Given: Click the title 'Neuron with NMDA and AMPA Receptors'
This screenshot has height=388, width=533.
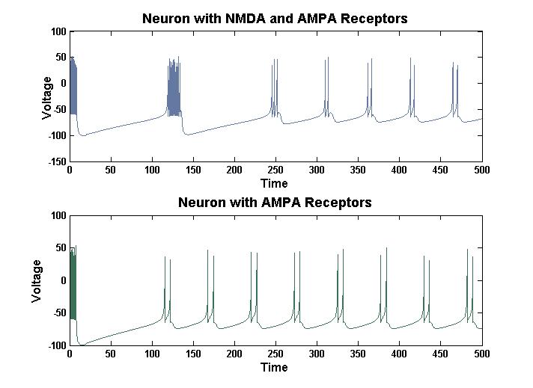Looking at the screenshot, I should point(275,19).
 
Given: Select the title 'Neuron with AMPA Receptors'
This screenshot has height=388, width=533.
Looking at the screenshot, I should point(275,203).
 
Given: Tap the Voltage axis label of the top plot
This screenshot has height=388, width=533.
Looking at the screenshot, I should point(46,97).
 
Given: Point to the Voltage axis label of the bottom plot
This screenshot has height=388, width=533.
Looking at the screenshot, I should point(36,281).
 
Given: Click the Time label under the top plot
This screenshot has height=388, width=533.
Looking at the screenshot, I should point(274,183).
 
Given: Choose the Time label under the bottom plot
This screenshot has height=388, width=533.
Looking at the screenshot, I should point(274,367).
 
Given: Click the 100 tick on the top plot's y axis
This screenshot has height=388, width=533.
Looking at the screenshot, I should point(58,31).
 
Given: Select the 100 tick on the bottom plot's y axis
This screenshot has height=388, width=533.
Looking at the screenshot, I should point(58,215).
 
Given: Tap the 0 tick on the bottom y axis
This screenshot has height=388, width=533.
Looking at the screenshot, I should point(64,280).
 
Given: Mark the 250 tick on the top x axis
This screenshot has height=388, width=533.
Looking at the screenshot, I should point(275,170).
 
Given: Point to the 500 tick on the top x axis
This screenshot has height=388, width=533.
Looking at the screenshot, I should point(481,170).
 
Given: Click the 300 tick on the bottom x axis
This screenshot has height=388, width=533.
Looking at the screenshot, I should point(317,354).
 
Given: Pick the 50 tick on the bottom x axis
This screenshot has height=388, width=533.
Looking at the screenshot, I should point(111,354).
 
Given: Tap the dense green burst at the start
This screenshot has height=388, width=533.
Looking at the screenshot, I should point(73,288).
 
